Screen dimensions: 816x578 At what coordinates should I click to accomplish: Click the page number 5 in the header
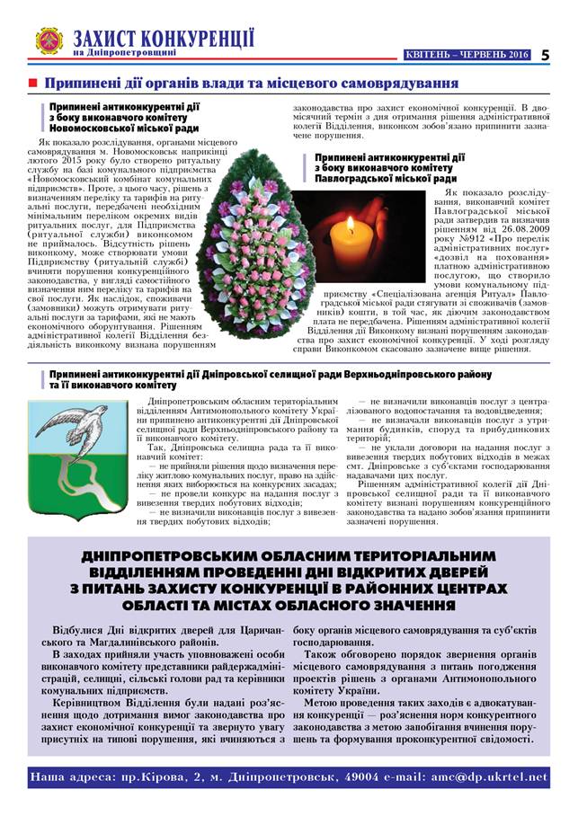545,54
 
